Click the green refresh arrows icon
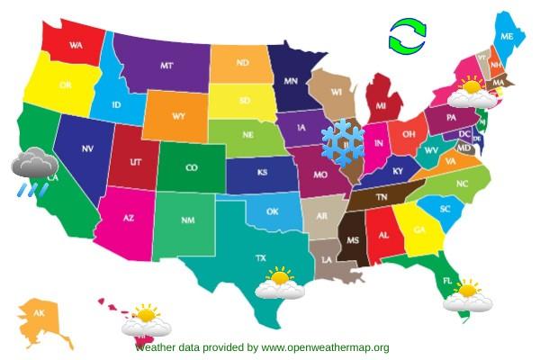click(408, 37)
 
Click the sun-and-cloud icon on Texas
click(280, 283)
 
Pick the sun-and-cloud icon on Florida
click(468, 295)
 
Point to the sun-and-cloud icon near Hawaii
click(147, 320)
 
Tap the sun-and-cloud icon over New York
click(470, 92)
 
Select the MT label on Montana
click(166, 67)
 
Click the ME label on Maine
click(508, 37)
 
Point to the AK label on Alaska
click(39, 313)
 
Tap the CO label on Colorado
click(192, 167)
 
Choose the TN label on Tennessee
click(381, 195)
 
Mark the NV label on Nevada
click(87, 148)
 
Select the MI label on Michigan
click(382, 106)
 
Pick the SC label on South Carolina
click(445, 209)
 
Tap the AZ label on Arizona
click(128, 219)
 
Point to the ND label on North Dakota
click(242, 63)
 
